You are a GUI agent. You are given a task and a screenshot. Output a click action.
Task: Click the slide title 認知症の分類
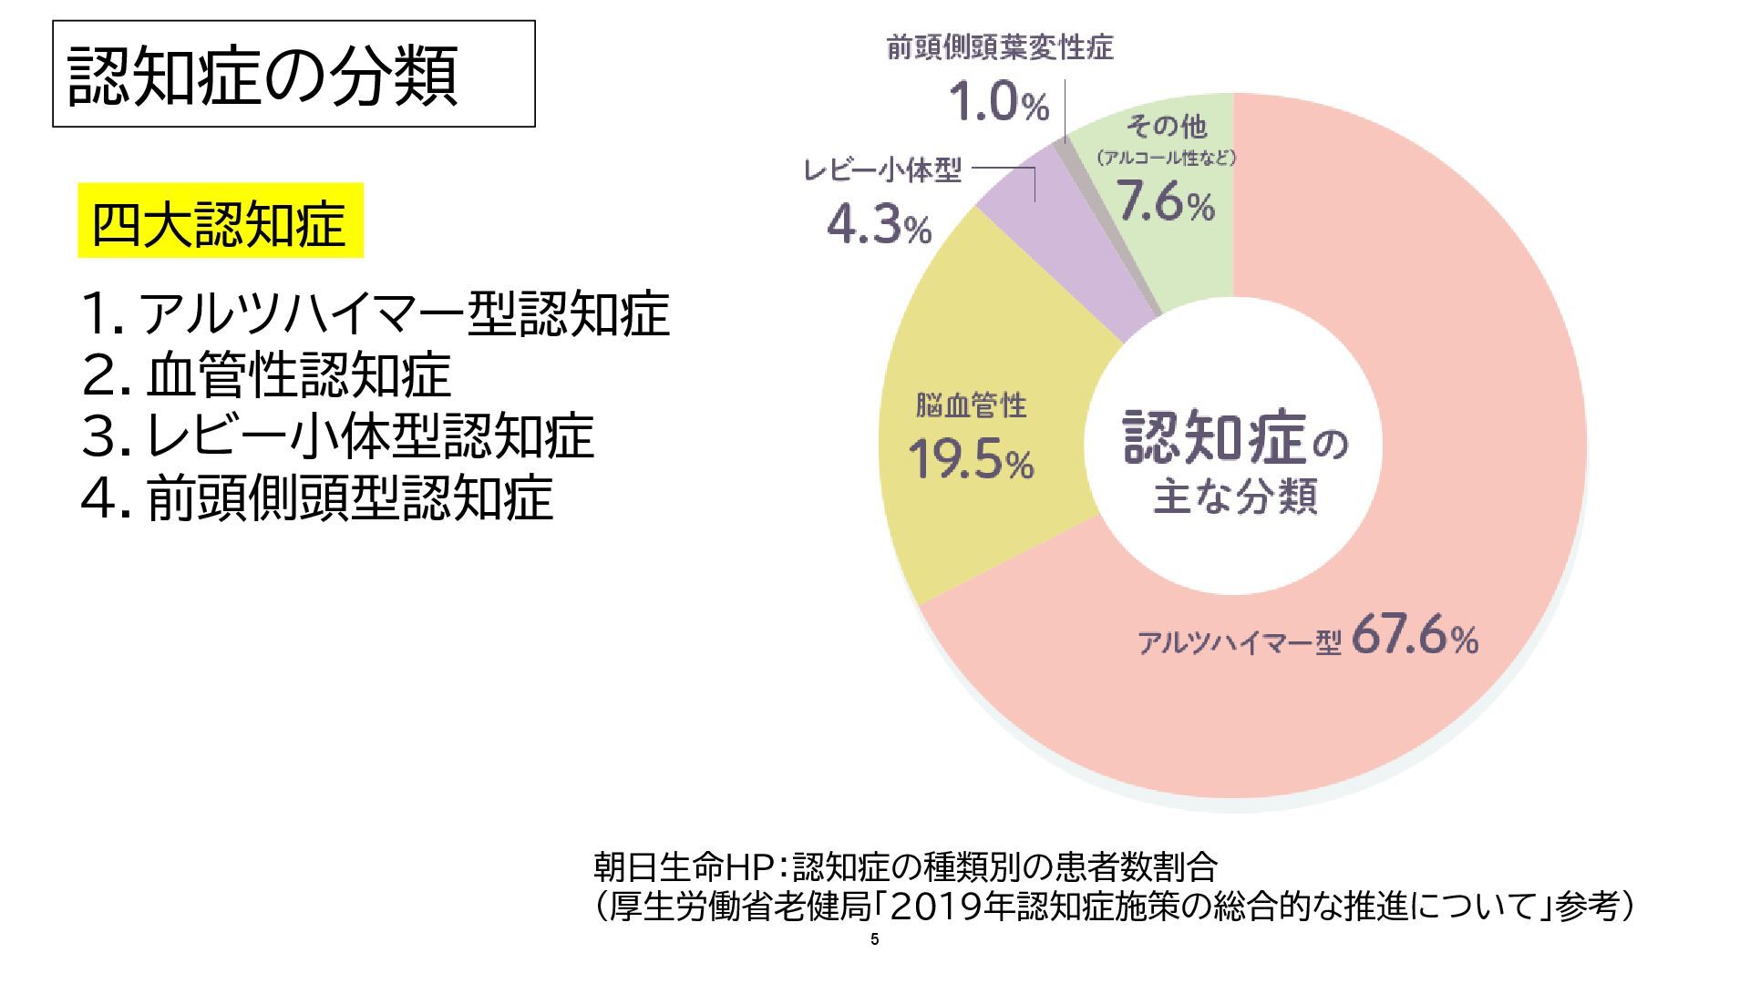click(x=262, y=75)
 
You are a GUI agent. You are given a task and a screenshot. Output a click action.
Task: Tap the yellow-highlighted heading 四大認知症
click(x=219, y=222)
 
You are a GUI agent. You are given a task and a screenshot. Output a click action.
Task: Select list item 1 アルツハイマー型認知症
click(x=376, y=313)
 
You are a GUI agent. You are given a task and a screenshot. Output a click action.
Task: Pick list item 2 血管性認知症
click(x=266, y=374)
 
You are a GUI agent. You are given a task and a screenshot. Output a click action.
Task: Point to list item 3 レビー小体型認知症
click(x=337, y=436)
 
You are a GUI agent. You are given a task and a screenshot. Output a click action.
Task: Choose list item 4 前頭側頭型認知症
click(x=317, y=497)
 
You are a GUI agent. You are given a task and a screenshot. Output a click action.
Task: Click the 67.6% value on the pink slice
click(x=1415, y=637)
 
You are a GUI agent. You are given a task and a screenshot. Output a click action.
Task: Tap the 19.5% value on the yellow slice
click(x=971, y=461)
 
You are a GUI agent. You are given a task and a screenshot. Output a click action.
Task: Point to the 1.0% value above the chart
click(x=999, y=102)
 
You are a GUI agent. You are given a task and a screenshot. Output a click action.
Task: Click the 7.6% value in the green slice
click(x=1167, y=202)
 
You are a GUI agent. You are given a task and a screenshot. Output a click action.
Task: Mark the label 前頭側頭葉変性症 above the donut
click(x=1000, y=47)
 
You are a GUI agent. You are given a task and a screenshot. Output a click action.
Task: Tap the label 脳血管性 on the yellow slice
click(x=971, y=405)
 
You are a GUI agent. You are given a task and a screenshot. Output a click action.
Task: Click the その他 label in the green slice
click(x=1167, y=126)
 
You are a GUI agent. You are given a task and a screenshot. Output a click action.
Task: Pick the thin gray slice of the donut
click(x=1107, y=228)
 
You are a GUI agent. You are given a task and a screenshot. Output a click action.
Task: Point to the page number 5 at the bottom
click(x=875, y=940)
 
